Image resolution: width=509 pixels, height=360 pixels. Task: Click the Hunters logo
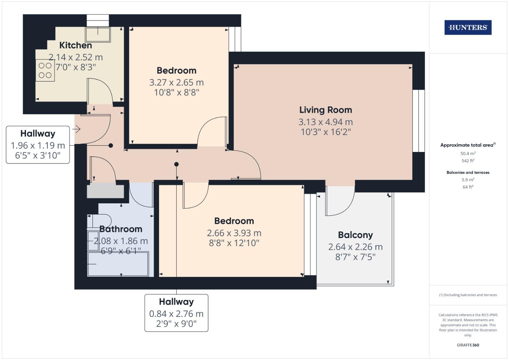point(468,27)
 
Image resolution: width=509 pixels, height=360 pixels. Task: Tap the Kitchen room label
point(76,45)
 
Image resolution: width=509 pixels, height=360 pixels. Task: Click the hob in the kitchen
point(45,70)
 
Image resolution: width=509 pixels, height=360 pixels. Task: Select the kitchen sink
point(98,35)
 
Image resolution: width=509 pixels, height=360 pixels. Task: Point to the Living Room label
point(326,110)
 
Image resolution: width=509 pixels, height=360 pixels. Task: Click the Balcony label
point(355,235)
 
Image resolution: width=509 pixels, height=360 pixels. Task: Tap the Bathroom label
point(121,229)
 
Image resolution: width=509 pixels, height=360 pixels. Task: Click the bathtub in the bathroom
point(118,264)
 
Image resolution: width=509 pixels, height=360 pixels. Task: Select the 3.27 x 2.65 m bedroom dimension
point(177,83)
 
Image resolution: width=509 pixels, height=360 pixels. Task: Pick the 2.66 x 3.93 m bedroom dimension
point(234,233)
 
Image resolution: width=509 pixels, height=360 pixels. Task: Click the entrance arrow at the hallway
point(77,129)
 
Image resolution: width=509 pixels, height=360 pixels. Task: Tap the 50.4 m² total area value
point(468,153)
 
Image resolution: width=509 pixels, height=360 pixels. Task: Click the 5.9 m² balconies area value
point(468,180)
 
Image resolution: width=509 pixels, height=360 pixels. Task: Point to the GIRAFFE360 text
point(468,345)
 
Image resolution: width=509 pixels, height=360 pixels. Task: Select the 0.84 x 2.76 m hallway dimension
point(176,314)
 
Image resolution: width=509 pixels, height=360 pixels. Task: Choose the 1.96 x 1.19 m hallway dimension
point(38,145)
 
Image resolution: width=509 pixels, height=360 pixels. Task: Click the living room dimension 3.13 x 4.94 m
point(326,122)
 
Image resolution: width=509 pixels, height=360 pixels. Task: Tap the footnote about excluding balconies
point(468,295)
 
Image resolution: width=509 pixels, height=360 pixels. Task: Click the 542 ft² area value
point(468,161)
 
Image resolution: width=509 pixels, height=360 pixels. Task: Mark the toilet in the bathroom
point(99,221)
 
